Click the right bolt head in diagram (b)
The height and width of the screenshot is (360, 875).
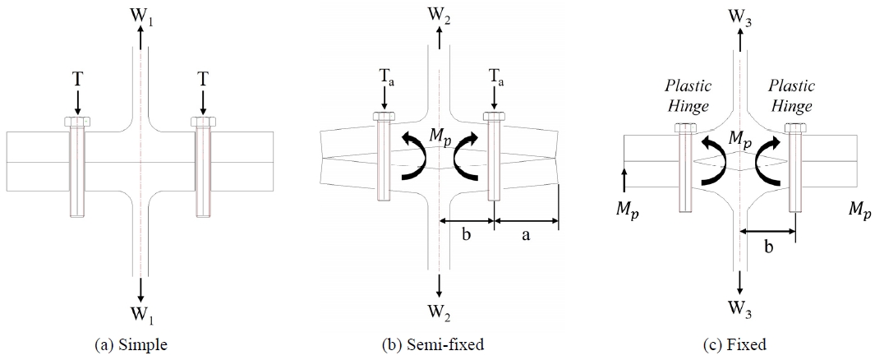(494, 116)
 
